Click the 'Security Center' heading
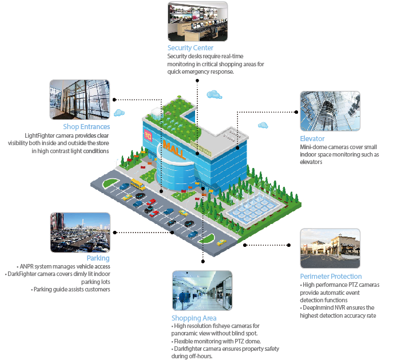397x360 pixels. tap(190, 48)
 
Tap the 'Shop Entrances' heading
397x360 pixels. tap(86, 127)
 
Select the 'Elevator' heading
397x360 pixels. tap(312, 139)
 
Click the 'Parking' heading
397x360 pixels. tap(98, 258)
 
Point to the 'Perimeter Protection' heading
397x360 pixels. tap(331, 277)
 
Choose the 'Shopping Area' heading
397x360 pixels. tap(194, 318)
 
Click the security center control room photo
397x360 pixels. tap(197, 21)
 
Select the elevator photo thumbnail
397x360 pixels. tap(329, 111)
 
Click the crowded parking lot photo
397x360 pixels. tap(80, 233)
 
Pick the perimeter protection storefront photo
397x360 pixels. tap(330, 249)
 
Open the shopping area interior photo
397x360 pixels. tap(201, 291)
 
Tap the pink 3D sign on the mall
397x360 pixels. tap(148, 136)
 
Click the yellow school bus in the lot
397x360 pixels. tap(137, 183)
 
